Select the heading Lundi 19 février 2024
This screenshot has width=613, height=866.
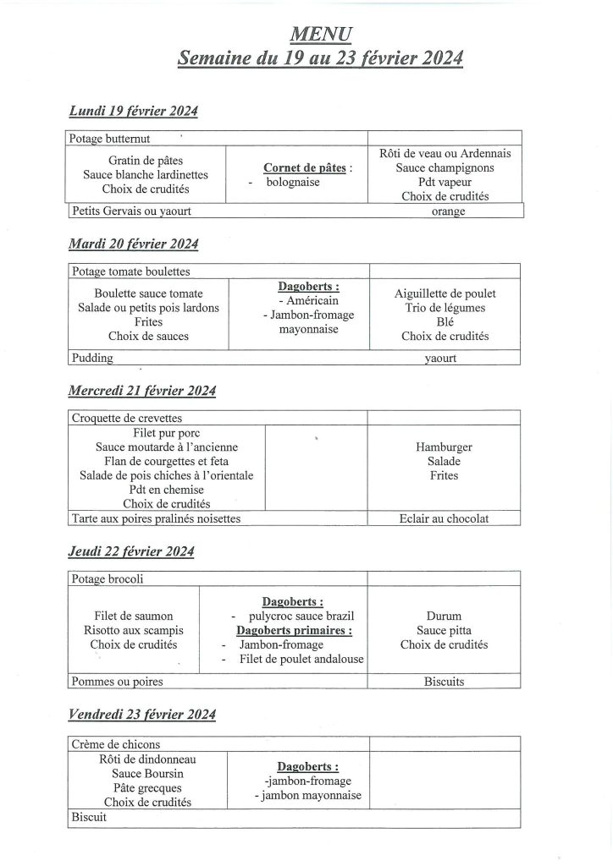click(x=134, y=111)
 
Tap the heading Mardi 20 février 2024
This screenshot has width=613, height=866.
click(x=134, y=244)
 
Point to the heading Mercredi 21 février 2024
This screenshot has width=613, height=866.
click(x=142, y=391)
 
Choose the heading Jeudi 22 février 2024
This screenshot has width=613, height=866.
click(x=131, y=552)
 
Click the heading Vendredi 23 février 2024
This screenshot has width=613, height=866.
click(x=141, y=715)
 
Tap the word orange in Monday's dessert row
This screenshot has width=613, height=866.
click(x=448, y=211)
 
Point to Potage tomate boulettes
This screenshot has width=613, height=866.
click(x=131, y=272)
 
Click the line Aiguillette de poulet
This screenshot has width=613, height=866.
click(x=445, y=293)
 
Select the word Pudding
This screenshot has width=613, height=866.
click(x=93, y=358)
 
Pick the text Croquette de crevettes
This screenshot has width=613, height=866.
click(x=127, y=418)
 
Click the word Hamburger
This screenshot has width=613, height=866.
click(x=445, y=447)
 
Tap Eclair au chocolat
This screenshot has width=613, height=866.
click(x=445, y=519)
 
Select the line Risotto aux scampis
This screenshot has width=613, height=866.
click(x=134, y=630)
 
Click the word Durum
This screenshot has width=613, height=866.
click(x=445, y=617)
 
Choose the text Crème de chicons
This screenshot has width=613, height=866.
click(x=116, y=744)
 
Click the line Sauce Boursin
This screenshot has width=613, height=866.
click(x=147, y=773)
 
